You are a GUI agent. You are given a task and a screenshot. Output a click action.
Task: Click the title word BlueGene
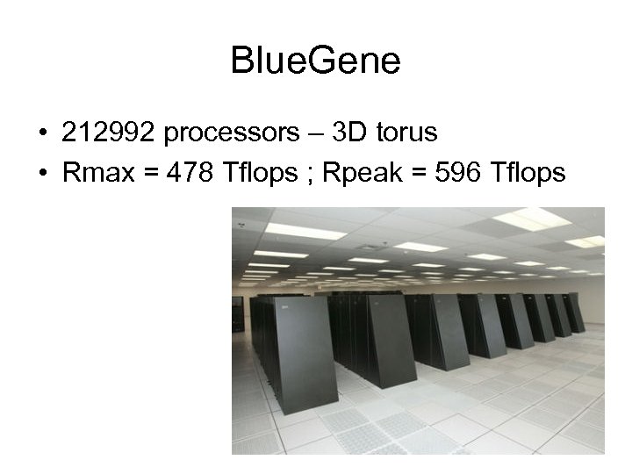(x=315, y=61)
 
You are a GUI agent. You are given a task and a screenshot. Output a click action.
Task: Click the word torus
(x=405, y=133)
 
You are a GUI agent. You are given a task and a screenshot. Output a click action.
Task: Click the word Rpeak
(x=361, y=175)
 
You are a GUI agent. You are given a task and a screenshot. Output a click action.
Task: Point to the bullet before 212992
(x=42, y=134)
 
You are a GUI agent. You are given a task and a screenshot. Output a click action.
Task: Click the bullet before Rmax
(x=42, y=175)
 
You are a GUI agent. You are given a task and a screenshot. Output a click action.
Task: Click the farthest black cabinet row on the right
(x=575, y=312)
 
